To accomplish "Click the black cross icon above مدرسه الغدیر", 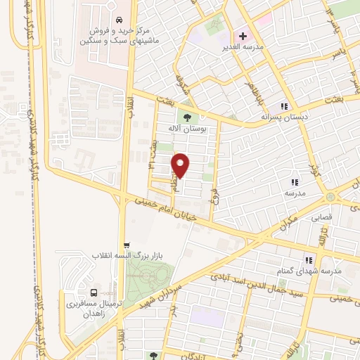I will [x=243, y=35].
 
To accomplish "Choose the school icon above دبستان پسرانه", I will [x=284, y=106].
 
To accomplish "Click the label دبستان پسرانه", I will [x=285, y=118].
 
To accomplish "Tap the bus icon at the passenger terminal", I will [x=94, y=293].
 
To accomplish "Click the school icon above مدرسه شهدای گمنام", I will [x=307, y=259].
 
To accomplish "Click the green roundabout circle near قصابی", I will [x=330, y=197].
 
